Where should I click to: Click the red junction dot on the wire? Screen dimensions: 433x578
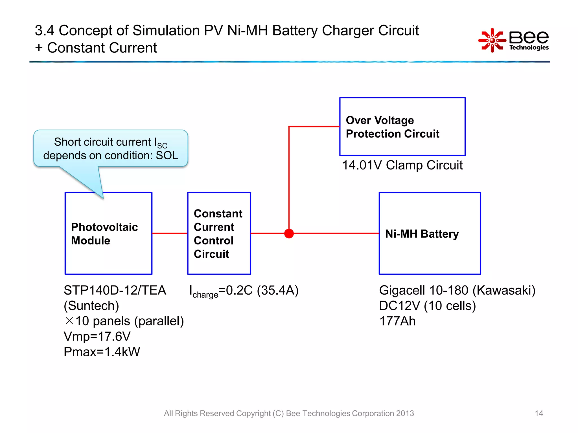[x=289, y=233]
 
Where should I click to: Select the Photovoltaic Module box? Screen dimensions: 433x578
[x=108, y=233]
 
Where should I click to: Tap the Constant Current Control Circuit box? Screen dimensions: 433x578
[x=219, y=233]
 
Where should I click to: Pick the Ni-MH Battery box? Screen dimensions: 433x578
[x=430, y=233]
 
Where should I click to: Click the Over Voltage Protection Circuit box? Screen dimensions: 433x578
[x=402, y=127]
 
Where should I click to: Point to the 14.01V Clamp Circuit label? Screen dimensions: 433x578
[x=402, y=165]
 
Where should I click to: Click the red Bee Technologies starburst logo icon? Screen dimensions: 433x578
[x=492, y=40]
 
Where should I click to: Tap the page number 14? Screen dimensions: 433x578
[x=539, y=413]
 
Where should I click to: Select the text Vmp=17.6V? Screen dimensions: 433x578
[x=97, y=336]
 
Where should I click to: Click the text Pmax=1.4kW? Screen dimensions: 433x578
[x=102, y=352]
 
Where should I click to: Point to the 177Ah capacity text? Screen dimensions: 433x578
[x=397, y=321]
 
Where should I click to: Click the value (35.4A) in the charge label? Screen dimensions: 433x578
[x=278, y=290]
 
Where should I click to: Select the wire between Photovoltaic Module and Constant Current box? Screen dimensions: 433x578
[x=170, y=233]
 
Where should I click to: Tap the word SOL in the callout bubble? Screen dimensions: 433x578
[x=167, y=156]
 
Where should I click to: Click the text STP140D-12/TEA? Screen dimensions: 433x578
[x=115, y=290]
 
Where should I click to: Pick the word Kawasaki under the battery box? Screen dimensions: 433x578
[x=504, y=290]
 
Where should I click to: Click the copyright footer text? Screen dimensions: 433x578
[x=289, y=413]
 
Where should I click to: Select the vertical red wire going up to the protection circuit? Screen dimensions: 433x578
[x=289, y=180]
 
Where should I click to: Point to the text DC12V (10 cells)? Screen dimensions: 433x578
[x=427, y=306]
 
